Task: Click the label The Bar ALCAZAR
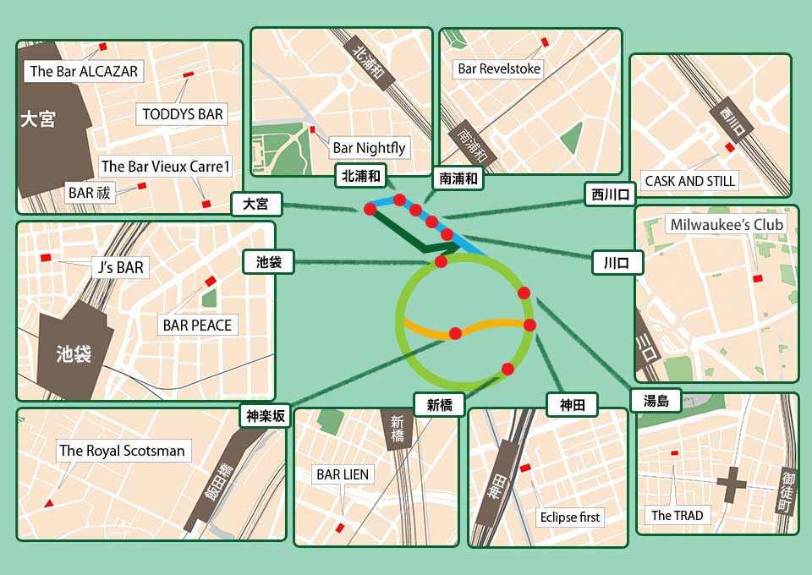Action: pos(84,71)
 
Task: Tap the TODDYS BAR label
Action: pos(183,114)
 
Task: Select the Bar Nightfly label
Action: pos(369,148)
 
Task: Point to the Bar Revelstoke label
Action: pos(498,68)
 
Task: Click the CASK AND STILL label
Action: pos(690,180)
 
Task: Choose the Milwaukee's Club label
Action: pos(727,225)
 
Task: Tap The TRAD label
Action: pos(677,515)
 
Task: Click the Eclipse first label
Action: pos(569,517)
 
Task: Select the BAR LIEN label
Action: pos(343,474)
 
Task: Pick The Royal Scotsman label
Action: pos(122,451)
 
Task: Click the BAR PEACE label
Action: pos(198,325)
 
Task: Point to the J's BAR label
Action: pos(120,268)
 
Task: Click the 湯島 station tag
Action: pos(656,401)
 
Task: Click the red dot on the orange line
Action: pos(455,333)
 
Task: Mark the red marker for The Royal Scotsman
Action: pos(48,504)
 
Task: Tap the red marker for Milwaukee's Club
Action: pos(757,277)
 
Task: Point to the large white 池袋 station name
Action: pos(74,353)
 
